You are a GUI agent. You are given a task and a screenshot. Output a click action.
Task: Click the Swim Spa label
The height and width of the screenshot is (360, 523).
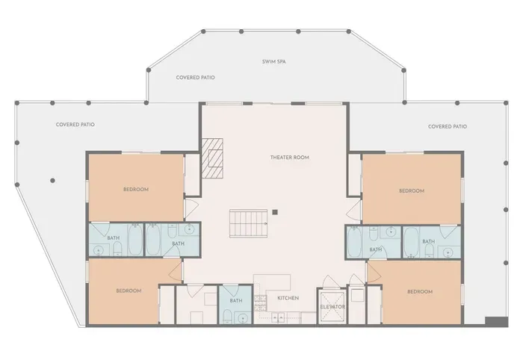click(x=274, y=62)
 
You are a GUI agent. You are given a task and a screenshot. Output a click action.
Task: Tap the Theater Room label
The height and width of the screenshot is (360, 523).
click(x=290, y=158)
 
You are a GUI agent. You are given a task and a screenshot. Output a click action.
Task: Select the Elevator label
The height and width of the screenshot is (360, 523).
click(x=332, y=307)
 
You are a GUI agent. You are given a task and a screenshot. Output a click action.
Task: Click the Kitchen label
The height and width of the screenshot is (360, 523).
click(x=288, y=298)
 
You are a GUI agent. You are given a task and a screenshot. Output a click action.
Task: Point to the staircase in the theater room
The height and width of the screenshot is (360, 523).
click(x=249, y=223)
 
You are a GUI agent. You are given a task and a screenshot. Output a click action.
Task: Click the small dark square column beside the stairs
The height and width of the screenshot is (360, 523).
click(x=275, y=212)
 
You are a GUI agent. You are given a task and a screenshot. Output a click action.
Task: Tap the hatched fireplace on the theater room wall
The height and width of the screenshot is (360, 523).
click(x=212, y=158)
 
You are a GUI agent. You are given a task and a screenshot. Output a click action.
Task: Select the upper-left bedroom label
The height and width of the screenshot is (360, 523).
click(x=136, y=189)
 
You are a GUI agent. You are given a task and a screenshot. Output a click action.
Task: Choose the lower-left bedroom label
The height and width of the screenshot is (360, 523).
click(x=129, y=291)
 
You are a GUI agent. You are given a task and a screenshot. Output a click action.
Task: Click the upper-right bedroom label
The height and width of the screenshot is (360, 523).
click(x=412, y=191)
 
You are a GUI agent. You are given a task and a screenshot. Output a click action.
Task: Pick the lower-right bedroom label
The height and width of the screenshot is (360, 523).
click(x=420, y=292)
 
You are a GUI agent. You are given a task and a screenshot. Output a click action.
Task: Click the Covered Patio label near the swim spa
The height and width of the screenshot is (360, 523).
click(x=196, y=78)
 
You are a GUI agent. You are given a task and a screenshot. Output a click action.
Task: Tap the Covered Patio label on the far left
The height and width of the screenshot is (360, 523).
click(x=75, y=125)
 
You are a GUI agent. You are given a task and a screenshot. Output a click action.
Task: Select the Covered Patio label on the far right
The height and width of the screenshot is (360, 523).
click(x=448, y=127)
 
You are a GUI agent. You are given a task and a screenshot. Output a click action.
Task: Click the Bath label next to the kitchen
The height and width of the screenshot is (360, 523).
click(x=236, y=301)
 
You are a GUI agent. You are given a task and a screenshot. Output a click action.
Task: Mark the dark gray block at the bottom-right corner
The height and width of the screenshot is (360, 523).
click(x=497, y=322)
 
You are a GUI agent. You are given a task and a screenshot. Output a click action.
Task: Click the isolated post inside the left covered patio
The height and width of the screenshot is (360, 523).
click(x=52, y=181)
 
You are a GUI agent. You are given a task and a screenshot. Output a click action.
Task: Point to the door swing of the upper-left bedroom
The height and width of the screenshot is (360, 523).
click(x=192, y=208)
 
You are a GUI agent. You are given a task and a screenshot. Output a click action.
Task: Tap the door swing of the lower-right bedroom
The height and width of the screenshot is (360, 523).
click(x=374, y=272)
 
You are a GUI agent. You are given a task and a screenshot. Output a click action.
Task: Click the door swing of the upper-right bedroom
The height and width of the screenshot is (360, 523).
click(x=353, y=210)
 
